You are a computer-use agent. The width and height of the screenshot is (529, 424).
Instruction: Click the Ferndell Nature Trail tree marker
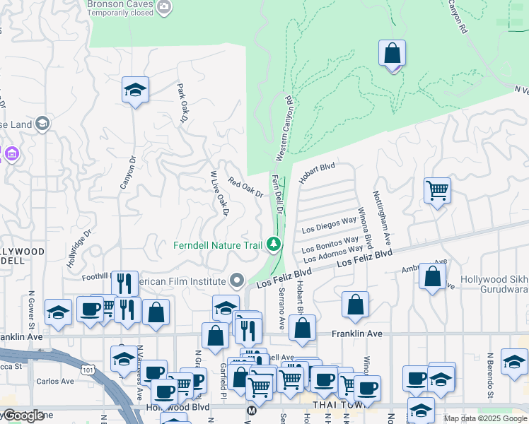point(274,244)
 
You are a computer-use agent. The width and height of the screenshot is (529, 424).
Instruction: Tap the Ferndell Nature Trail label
point(219,245)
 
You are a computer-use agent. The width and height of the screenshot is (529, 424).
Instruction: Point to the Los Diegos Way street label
point(329,225)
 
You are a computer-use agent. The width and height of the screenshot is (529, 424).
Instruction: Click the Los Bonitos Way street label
point(330,245)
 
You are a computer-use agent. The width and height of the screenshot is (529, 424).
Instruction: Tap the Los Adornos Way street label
point(332,253)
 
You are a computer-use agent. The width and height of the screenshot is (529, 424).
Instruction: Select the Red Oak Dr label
point(245,187)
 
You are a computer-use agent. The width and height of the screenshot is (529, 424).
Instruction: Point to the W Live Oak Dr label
point(219,193)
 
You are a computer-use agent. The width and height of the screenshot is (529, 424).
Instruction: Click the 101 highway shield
point(88,369)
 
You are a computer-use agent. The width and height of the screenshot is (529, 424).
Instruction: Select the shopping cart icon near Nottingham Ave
point(437,190)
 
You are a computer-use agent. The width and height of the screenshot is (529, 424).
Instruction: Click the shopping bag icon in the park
point(391,54)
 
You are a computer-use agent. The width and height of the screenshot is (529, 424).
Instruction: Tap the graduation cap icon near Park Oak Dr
point(134,90)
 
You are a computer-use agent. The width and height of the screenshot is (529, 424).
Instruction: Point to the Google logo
point(24,416)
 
